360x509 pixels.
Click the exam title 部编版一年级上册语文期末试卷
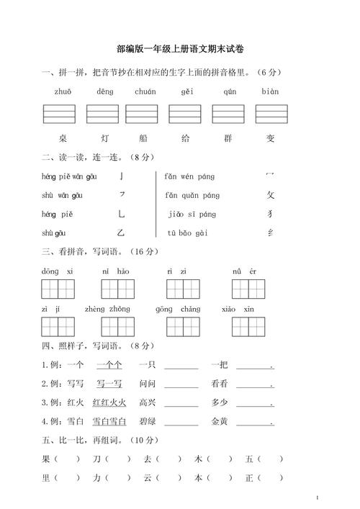coord(180,49)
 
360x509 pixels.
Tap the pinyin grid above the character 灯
coord(102,114)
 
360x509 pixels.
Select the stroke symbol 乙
coord(121,233)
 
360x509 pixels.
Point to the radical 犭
coord(271,214)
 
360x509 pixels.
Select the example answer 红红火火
coord(109,402)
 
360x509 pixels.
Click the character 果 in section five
coord(46,459)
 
